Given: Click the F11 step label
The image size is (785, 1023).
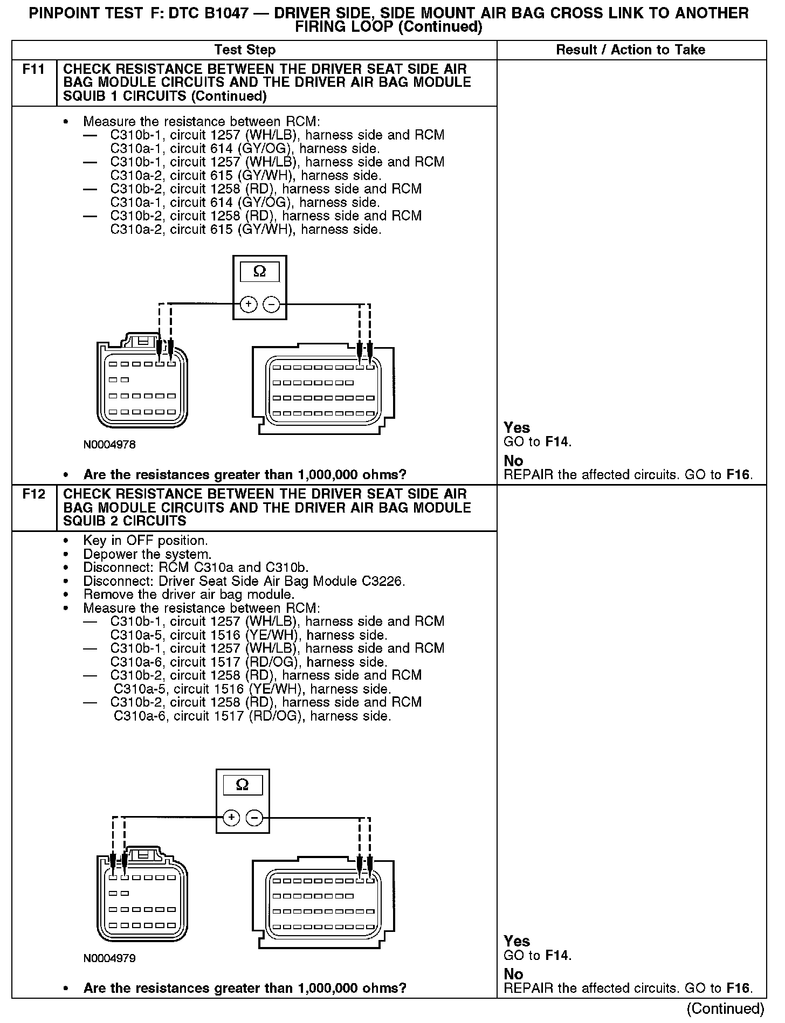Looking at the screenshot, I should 33,70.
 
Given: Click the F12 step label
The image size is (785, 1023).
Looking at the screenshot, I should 33,494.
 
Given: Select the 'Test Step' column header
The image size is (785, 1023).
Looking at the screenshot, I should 245,50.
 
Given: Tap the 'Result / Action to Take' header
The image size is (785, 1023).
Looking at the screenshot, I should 630,50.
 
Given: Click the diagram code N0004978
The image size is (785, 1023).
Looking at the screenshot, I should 109,445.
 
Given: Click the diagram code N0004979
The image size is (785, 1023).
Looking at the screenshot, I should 109,958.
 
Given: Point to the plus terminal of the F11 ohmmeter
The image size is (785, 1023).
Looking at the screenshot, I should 249,305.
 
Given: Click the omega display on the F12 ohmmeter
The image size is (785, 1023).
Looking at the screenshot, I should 243,785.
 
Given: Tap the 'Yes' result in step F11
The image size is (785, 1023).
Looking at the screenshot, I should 517,427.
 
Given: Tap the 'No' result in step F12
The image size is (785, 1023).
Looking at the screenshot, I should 513,974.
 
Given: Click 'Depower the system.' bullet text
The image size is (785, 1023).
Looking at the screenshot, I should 147,554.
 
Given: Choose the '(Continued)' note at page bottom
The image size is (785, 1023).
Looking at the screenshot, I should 726,1008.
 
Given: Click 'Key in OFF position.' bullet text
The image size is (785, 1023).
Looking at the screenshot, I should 145,541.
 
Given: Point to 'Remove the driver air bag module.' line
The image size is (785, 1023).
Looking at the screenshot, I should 189,595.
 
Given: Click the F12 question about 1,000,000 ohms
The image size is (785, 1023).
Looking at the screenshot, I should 245,988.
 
